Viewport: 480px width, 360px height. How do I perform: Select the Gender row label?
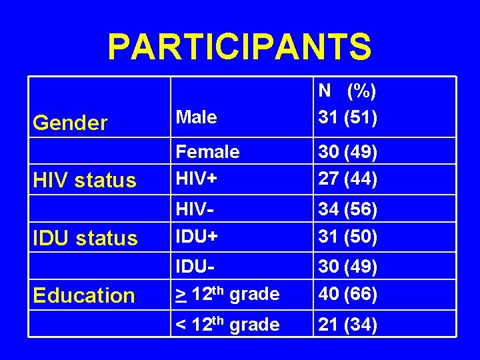pos(70,123)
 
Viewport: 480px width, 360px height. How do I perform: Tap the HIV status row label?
pos(85,181)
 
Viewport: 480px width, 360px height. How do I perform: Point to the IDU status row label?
pos(85,238)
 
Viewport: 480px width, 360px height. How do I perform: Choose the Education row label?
pos(84,296)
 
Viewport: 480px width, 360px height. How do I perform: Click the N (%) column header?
pos(347,90)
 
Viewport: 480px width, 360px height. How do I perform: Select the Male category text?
pos(196,117)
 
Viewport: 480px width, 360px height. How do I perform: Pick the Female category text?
pos(207,152)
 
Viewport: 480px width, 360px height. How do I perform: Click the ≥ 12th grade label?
pos(227,294)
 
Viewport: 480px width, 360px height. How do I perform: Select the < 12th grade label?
pos(227,325)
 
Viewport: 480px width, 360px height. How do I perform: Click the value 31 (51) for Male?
pos(348,117)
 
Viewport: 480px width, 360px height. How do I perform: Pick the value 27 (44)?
pos(348,179)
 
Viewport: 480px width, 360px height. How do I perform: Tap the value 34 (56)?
pos(348,209)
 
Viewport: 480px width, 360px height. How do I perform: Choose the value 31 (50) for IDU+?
pos(348,237)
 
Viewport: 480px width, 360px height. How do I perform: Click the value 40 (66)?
pos(348,294)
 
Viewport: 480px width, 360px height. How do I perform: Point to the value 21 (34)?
pos(348,325)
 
